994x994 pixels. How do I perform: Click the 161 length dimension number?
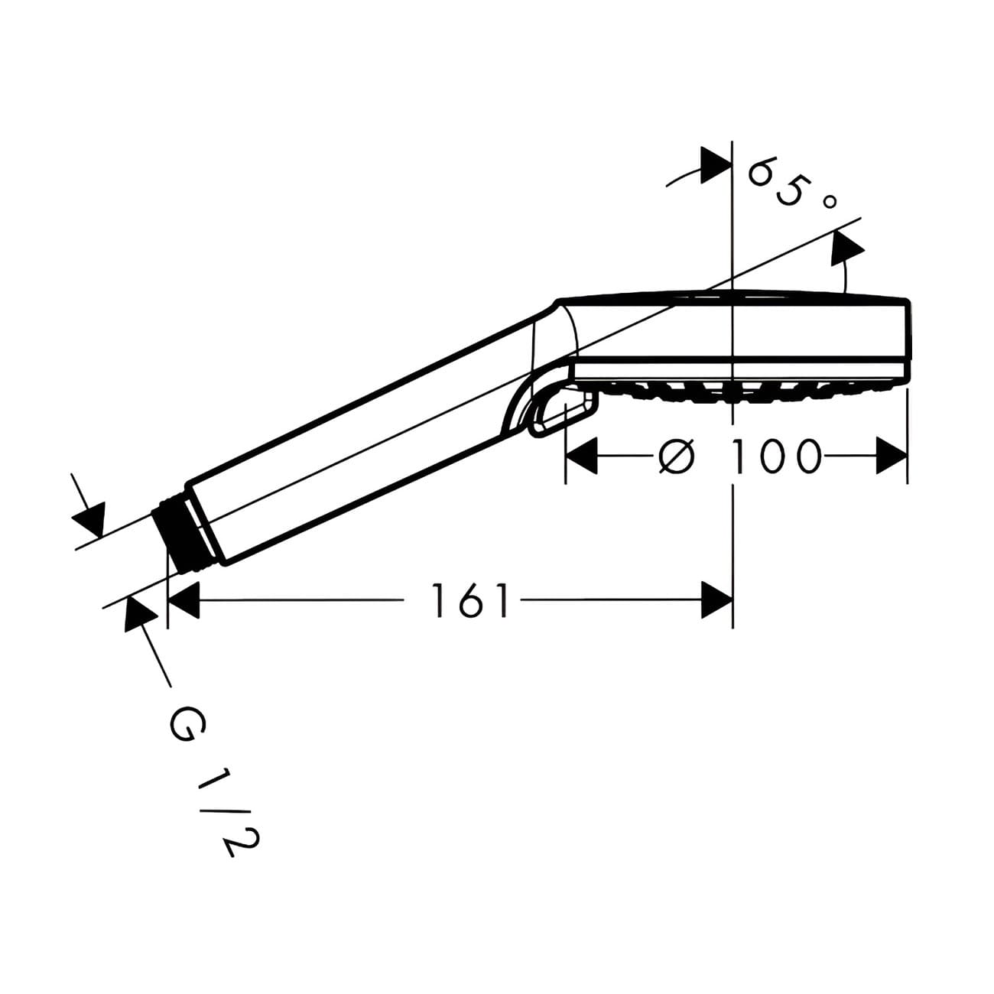click(469, 600)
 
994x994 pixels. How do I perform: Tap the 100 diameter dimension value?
click(776, 456)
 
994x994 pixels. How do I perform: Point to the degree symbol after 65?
click(828, 202)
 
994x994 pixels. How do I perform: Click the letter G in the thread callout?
click(187, 726)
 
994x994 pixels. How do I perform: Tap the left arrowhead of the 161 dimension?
click(184, 600)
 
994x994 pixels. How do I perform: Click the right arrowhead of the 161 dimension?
click(717, 600)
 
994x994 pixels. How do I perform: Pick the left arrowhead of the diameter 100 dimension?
click(581, 456)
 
